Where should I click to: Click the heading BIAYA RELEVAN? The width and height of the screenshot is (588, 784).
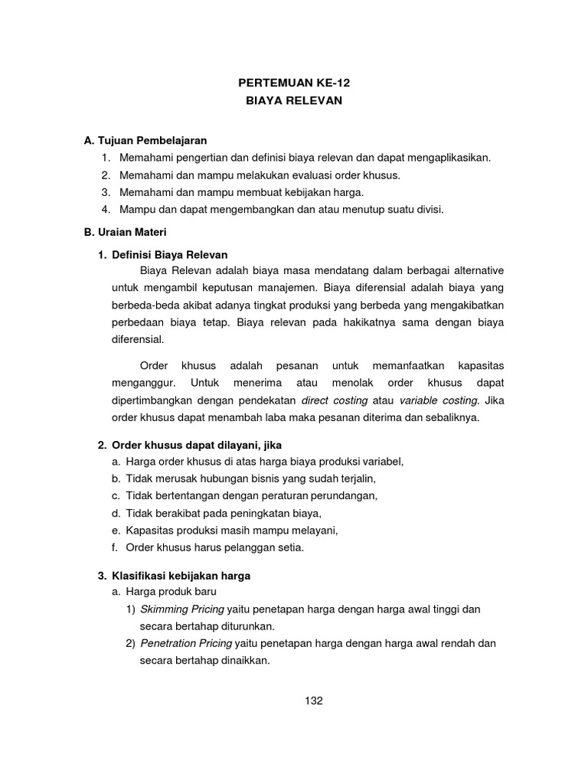point(294,100)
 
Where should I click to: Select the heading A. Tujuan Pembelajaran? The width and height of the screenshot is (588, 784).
point(146,140)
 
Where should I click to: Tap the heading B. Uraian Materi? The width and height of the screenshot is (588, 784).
point(126,230)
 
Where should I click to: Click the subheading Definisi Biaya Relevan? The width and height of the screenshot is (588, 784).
point(170,254)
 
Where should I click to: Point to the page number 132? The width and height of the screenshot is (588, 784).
point(313,701)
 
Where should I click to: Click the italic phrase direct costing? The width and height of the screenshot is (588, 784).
point(335,400)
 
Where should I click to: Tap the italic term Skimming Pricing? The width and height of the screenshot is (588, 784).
point(181,609)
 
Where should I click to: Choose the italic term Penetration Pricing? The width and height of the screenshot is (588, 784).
point(187,643)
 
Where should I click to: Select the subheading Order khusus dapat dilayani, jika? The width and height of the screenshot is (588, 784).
point(202,445)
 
